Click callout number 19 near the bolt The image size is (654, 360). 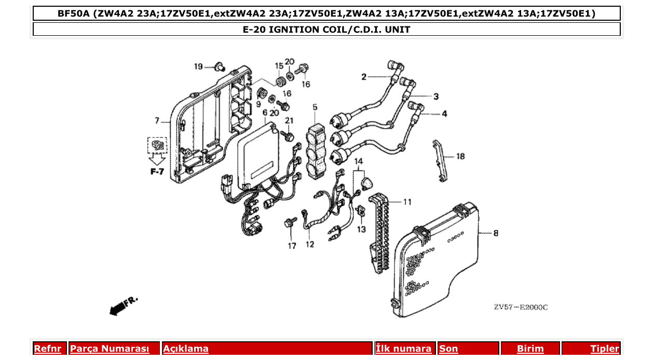pyautogui.click(x=198, y=66)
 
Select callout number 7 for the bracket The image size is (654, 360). pyautogui.click(x=157, y=121)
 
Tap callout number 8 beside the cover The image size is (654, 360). pyautogui.click(x=496, y=234)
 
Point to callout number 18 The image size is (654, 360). pyautogui.click(x=460, y=156)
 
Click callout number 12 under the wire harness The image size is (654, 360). pyautogui.click(x=310, y=244)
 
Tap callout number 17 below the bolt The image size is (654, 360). pyautogui.click(x=292, y=246)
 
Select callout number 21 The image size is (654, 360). pyautogui.click(x=289, y=121)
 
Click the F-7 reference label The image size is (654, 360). pyautogui.click(x=157, y=171)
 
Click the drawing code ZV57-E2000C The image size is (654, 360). pyautogui.click(x=521, y=307)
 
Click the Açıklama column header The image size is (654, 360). pyautogui.click(x=186, y=349)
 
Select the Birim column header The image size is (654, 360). pyautogui.click(x=530, y=349)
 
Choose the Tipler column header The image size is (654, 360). pyautogui.click(x=605, y=349)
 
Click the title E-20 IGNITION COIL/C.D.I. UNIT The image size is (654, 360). pyautogui.click(x=326, y=30)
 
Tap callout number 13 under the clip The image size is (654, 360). pyautogui.click(x=361, y=229)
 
